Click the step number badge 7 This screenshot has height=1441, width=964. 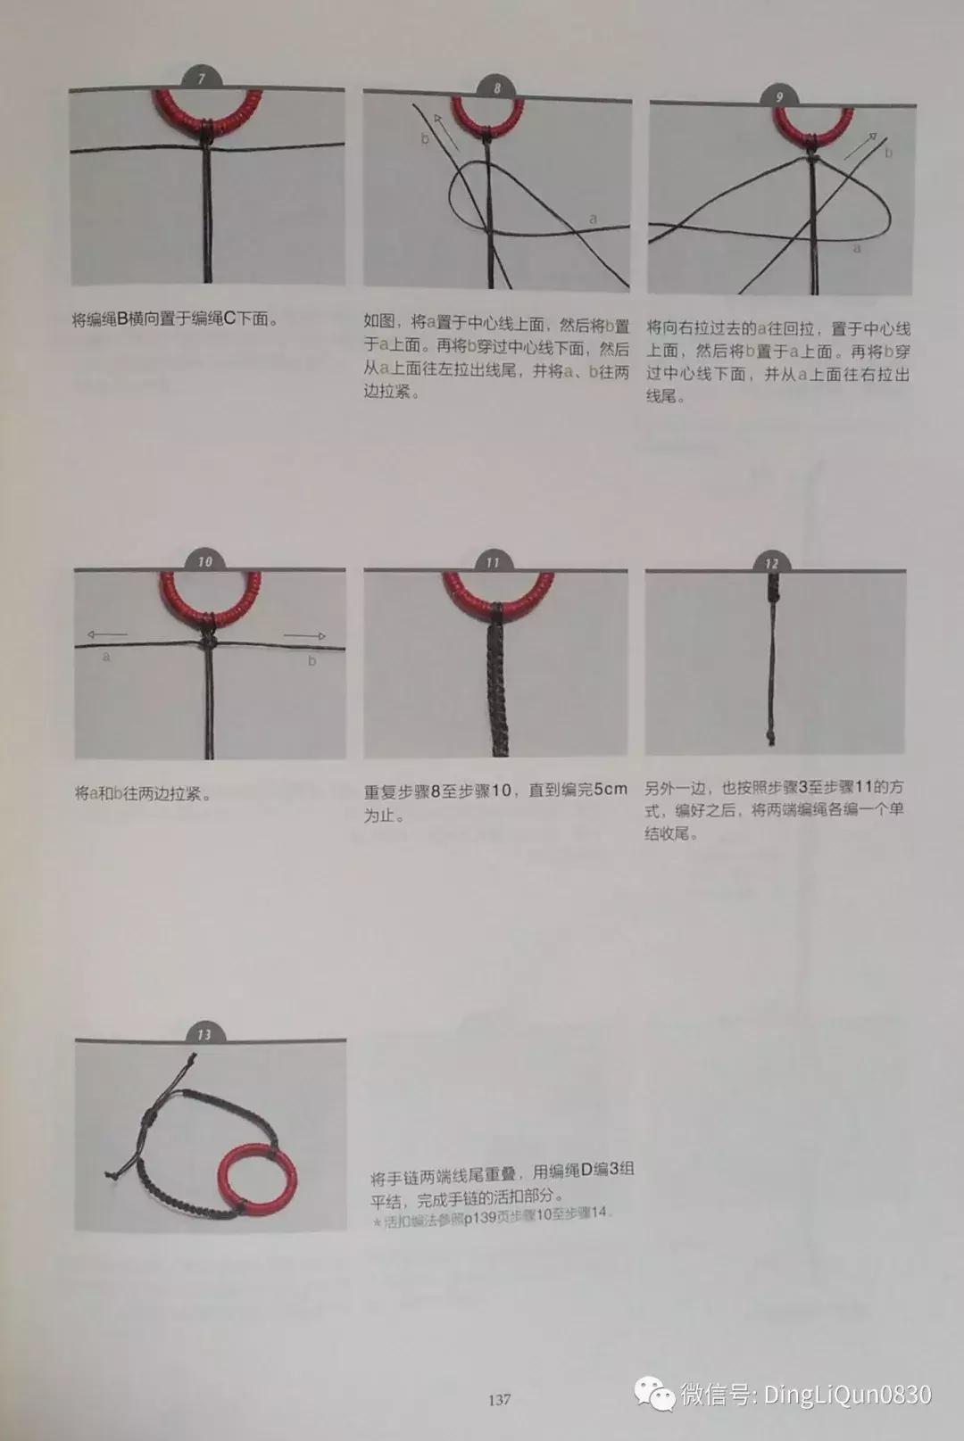pos(202,79)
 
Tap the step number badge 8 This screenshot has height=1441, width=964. pos(497,87)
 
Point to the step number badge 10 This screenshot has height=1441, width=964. pos(205,561)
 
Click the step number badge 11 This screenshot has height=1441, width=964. pos(493,562)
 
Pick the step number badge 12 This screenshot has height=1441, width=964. pos(771,563)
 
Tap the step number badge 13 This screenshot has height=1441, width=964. pos(204,1034)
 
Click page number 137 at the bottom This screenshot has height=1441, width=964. pos(499,1399)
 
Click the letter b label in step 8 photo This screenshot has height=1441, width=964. pos(425,138)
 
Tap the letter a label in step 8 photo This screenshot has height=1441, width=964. pos(593,219)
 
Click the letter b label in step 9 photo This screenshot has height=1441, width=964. pos(888,153)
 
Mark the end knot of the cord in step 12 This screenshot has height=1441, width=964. pos(770,738)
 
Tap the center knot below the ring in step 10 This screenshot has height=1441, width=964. pos(207,641)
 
